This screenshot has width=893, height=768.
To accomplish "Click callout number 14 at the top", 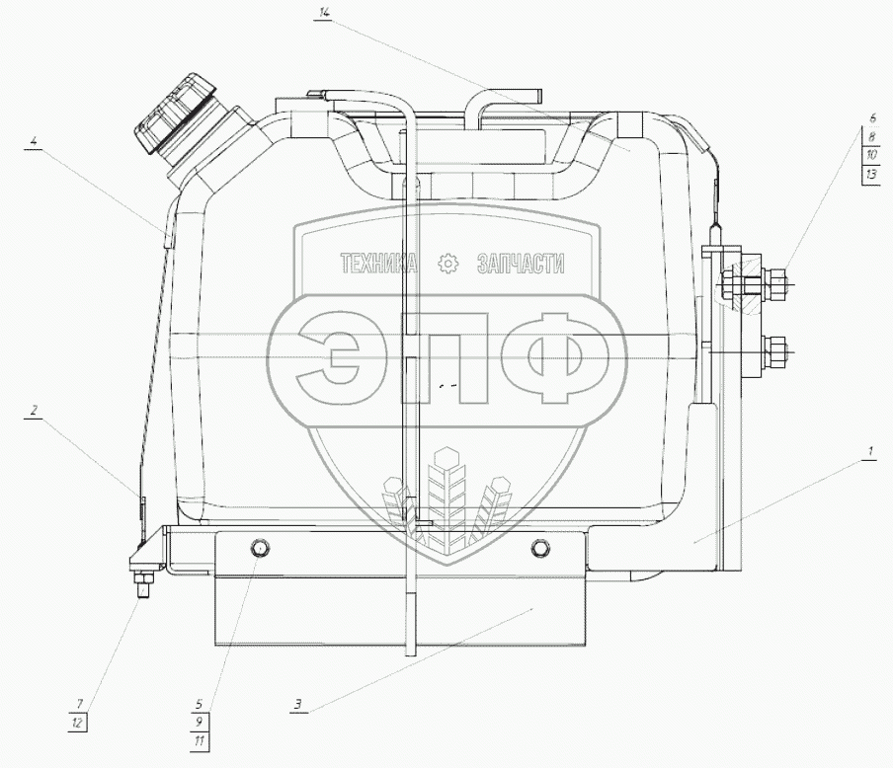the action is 324,13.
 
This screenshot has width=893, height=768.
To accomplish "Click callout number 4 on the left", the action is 35,141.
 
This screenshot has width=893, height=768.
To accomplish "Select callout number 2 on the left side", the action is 35,411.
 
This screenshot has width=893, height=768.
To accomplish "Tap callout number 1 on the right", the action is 869,452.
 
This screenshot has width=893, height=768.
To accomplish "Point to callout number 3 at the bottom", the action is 298,704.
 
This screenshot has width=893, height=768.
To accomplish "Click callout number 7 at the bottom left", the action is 79,704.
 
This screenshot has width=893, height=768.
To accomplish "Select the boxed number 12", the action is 78,723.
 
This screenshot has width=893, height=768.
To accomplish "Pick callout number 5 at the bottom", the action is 199,704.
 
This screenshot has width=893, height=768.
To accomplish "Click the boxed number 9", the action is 200,723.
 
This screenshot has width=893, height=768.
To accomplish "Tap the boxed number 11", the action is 200,741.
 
